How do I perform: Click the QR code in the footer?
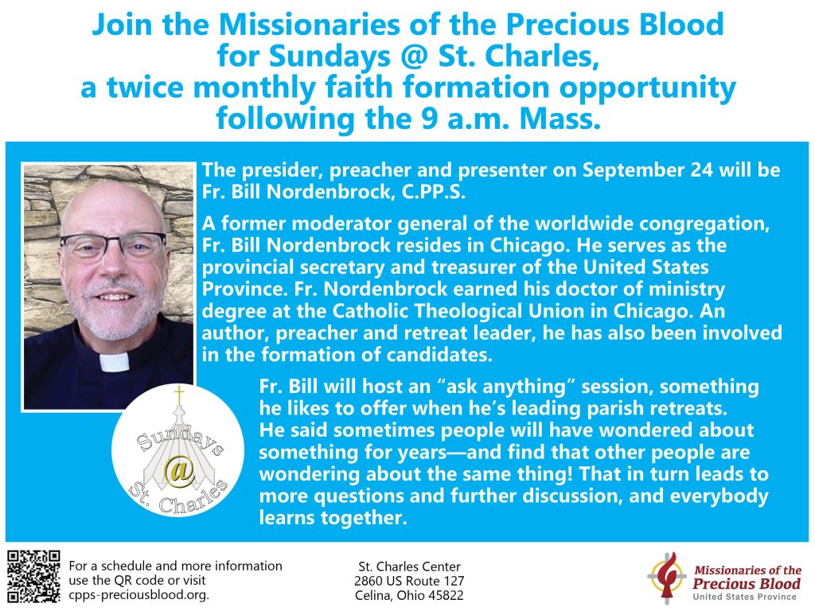[33, 577]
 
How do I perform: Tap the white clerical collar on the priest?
[114, 362]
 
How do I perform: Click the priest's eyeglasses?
[113, 245]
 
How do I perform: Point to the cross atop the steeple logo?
[179, 395]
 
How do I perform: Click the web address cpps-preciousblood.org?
[138, 595]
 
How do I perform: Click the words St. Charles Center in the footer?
[410, 566]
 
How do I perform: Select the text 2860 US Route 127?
[409, 581]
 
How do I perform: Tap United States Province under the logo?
[744, 597]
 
